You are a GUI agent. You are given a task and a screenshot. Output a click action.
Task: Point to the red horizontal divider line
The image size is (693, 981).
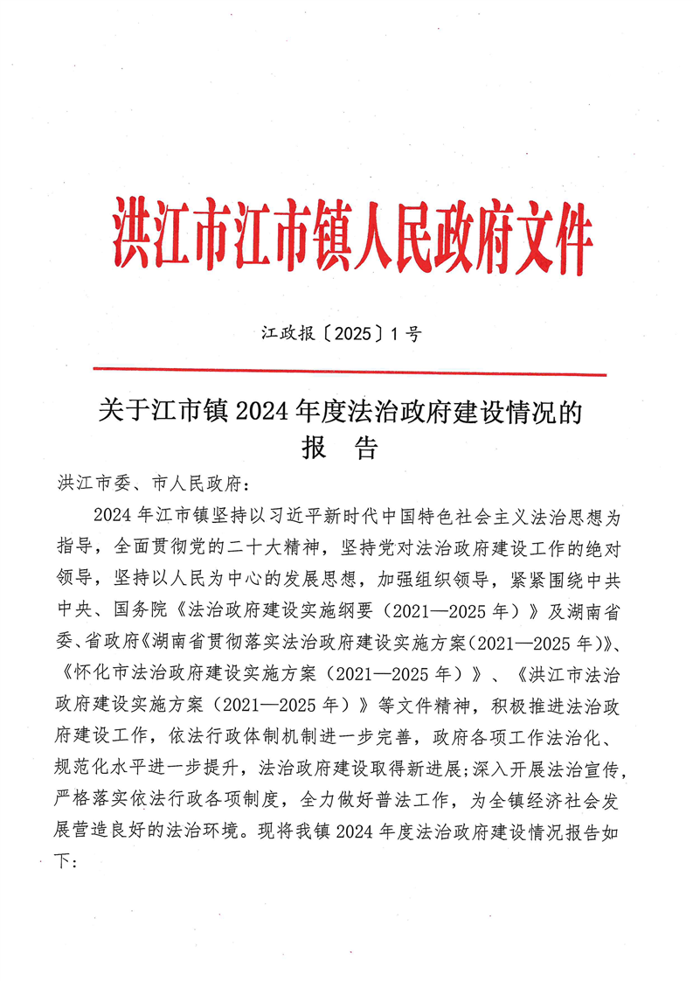pos(350,372)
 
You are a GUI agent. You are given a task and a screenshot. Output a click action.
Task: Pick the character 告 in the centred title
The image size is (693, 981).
pos(366,449)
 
